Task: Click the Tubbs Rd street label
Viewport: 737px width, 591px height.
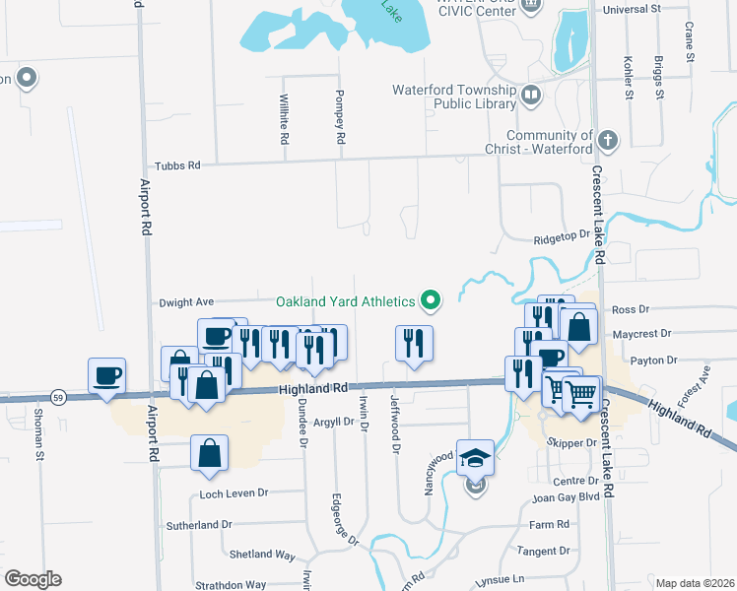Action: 176,166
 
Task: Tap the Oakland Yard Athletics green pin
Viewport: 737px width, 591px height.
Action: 430,299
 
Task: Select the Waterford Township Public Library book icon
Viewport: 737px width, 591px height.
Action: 532,96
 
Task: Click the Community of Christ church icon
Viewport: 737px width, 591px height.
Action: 608,139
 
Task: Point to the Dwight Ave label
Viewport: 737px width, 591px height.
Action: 186,303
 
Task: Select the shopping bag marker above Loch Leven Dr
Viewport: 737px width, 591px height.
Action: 210,453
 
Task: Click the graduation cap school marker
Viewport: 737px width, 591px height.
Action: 476,458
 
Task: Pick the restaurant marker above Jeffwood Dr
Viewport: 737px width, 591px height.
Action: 414,344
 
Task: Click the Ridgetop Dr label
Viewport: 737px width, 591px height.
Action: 561,236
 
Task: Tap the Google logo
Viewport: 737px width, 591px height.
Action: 33,579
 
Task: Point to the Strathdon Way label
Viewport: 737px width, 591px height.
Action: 231,584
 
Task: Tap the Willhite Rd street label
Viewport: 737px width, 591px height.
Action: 284,120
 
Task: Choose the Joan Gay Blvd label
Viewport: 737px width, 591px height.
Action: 565,497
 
